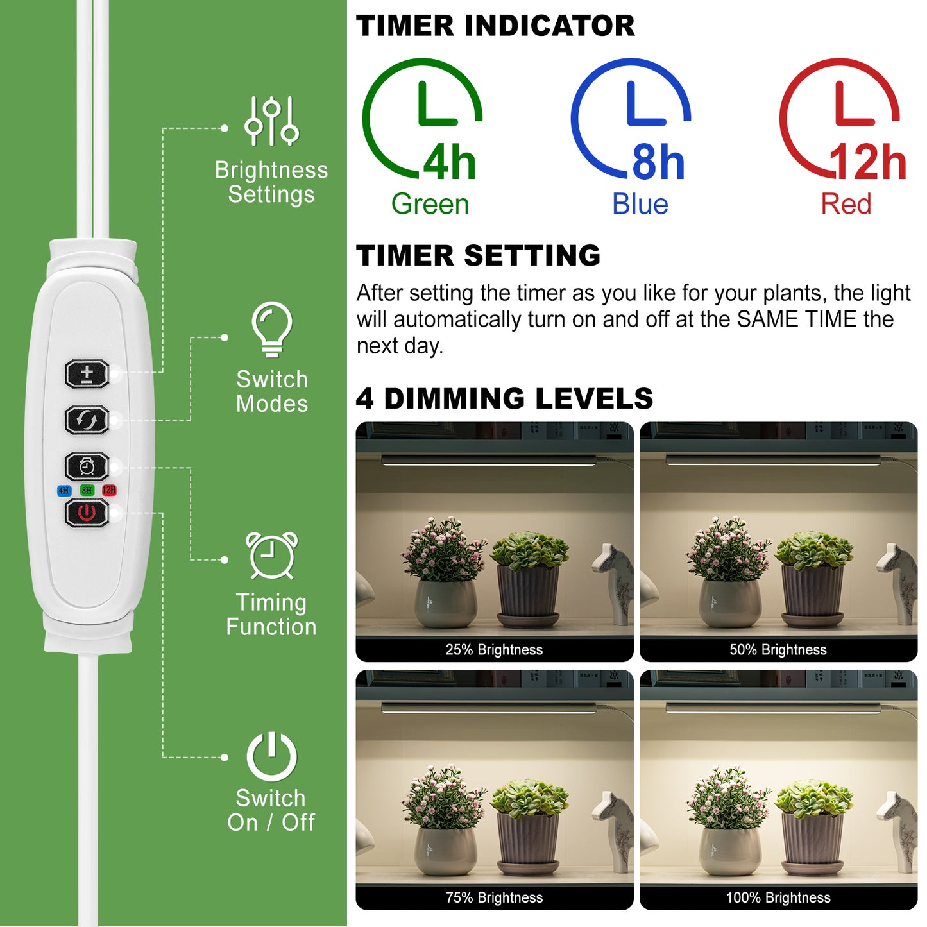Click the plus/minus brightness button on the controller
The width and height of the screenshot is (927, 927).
click(x=87, y=373)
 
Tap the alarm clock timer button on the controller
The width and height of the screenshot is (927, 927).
click(x=87, y=466)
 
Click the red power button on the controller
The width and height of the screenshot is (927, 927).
click(x=87, y=513)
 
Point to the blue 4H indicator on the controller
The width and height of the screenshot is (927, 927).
click(x=64, y=491)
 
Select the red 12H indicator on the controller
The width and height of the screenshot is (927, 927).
click(x=109, y=491)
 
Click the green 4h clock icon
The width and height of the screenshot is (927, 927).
click(x=423, y=119)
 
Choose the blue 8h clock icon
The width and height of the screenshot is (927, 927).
click(x=631, y=119)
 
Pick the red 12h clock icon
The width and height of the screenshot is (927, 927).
click(x=840, y=119)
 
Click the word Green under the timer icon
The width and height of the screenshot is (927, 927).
click(x=430, y=205)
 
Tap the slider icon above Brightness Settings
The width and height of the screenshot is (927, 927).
click(x=271, y=121)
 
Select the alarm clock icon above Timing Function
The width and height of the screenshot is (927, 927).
click(x=272, y=556)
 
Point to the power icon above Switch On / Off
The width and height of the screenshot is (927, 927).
click(x=271, y=756)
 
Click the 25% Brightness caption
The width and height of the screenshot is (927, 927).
click(x=494, y=650)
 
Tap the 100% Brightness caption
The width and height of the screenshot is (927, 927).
click(x=778, y=898)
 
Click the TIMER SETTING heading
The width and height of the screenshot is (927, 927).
click(x=478, y=255)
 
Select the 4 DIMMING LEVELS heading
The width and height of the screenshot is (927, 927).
click(x=504, y=398)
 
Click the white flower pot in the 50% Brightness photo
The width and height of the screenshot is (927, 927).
click(x=730, y=603)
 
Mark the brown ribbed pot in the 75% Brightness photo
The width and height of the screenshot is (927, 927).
click(x=528, y=841)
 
